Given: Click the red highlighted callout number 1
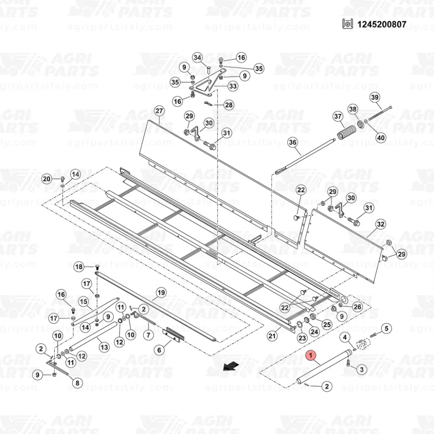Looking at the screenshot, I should point(311,355).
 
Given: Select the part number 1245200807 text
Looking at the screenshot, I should point(382,24).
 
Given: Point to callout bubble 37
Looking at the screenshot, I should point(338,116).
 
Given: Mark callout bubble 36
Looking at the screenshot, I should point(293,142).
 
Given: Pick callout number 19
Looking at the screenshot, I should point(161,292).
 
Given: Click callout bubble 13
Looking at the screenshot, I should point(104,347).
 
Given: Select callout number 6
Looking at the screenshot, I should point(159,350).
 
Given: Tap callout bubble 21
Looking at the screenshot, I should point(272,335).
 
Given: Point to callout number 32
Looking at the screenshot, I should point(381,224).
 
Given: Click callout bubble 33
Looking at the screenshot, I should point(233,87).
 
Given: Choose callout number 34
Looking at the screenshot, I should point(197,58).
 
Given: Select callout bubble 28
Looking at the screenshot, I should point(229,105).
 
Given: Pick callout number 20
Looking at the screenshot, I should point(46,179).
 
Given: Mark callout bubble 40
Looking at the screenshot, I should point(381,138).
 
